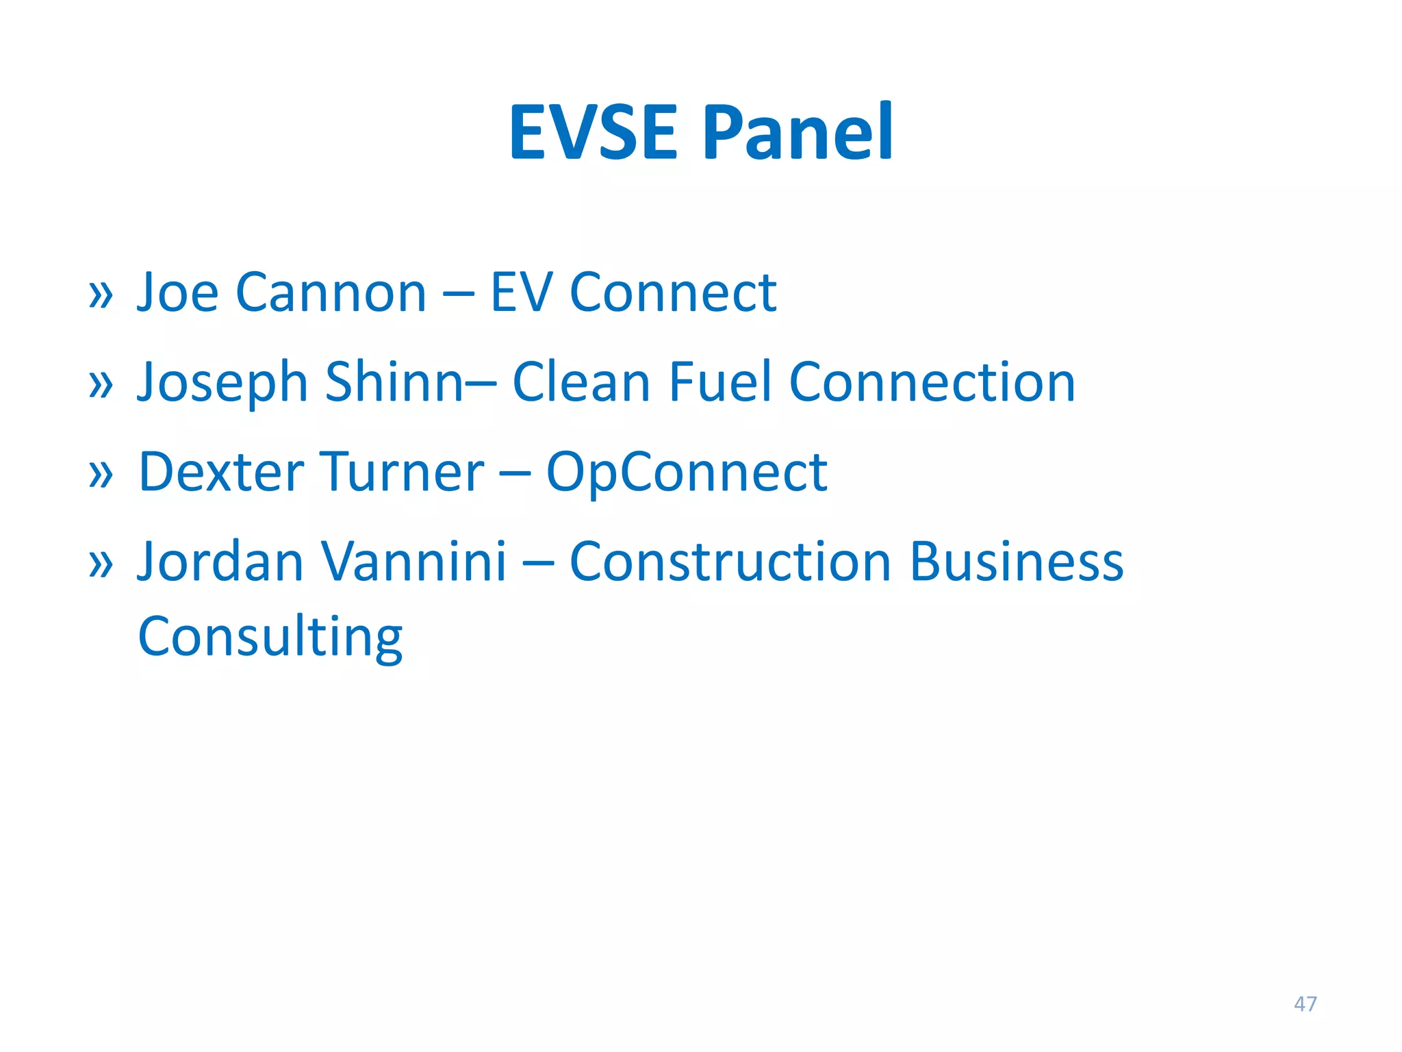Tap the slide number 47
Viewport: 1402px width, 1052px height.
1305,1004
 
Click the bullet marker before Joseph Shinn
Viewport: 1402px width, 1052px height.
101,384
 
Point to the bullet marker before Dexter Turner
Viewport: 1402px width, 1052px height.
101,474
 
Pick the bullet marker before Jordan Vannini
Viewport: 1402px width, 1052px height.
101,564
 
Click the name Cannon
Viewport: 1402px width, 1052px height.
331,293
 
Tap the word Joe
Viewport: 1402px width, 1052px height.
177,293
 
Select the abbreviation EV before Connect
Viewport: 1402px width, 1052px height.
521,293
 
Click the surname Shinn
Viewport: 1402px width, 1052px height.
395,382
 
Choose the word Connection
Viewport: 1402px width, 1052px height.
932,382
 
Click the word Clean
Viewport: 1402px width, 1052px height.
581,382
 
